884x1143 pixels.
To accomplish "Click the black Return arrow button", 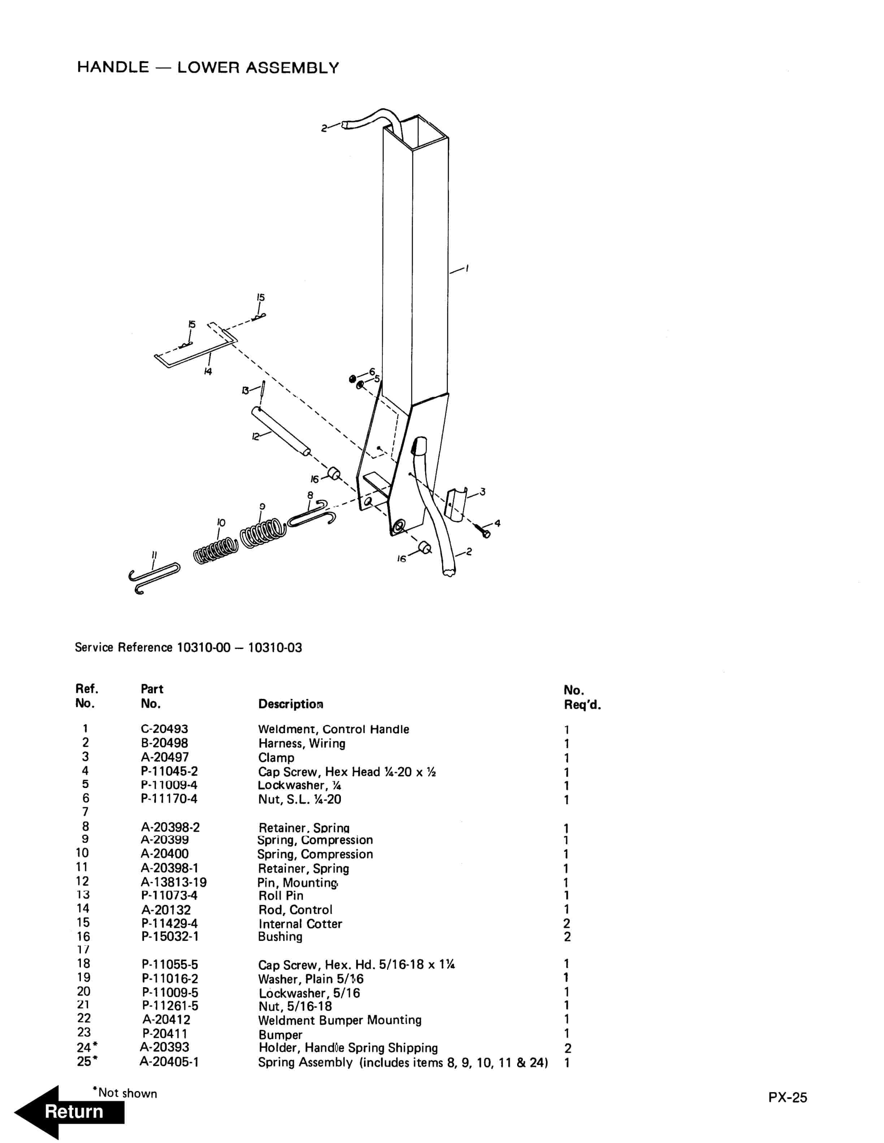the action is (71, 1111).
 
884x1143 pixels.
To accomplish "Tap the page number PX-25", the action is (787, 1098).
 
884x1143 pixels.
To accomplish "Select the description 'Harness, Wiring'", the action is (302, 743).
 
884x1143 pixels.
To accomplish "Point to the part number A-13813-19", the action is (173, 883).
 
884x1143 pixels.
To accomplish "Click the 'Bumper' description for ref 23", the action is (280, 1035).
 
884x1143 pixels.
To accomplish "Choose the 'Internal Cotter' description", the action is (300, 924).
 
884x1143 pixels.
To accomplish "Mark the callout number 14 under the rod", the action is (208, 372).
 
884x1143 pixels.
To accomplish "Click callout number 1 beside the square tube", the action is (467, 268).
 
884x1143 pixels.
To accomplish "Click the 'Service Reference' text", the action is (123, 647).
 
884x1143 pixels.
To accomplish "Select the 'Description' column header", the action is (291, 704).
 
